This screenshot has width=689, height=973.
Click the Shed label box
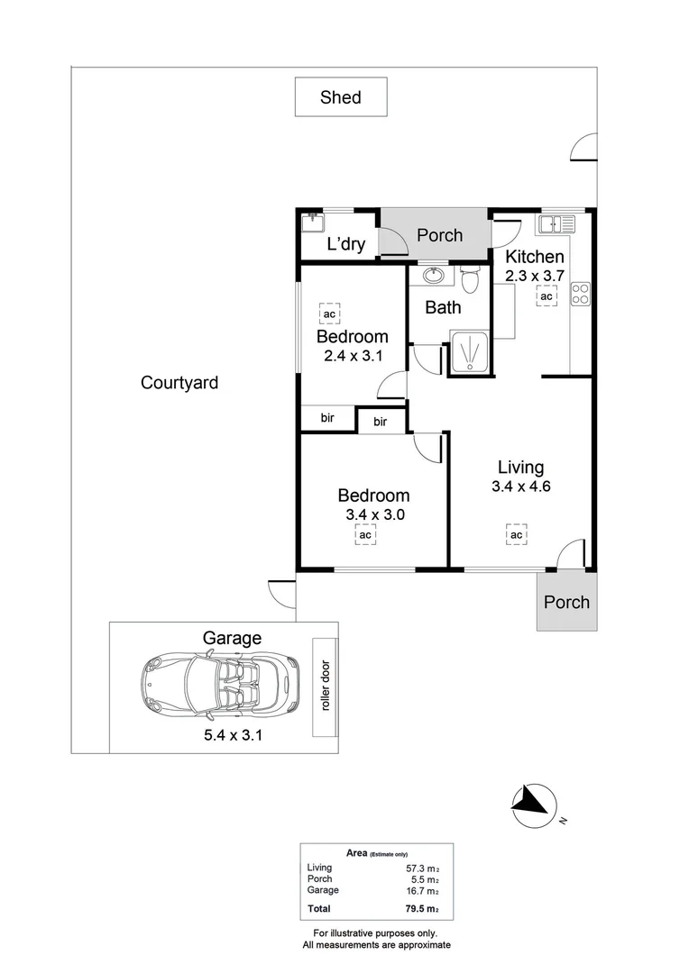(341, 97)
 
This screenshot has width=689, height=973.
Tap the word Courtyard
(179, 383)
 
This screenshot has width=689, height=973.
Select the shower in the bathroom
(469, 351)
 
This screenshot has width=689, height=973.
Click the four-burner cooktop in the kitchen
(580, 293)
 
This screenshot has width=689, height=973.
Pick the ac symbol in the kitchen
(546, 297)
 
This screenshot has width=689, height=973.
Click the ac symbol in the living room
(516, 535)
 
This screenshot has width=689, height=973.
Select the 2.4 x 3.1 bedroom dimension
(354, 356)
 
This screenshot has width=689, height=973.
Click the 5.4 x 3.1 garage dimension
(232, 734)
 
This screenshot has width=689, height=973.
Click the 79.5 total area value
(420, 909)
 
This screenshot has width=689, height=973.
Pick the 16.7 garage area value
(420, 890)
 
